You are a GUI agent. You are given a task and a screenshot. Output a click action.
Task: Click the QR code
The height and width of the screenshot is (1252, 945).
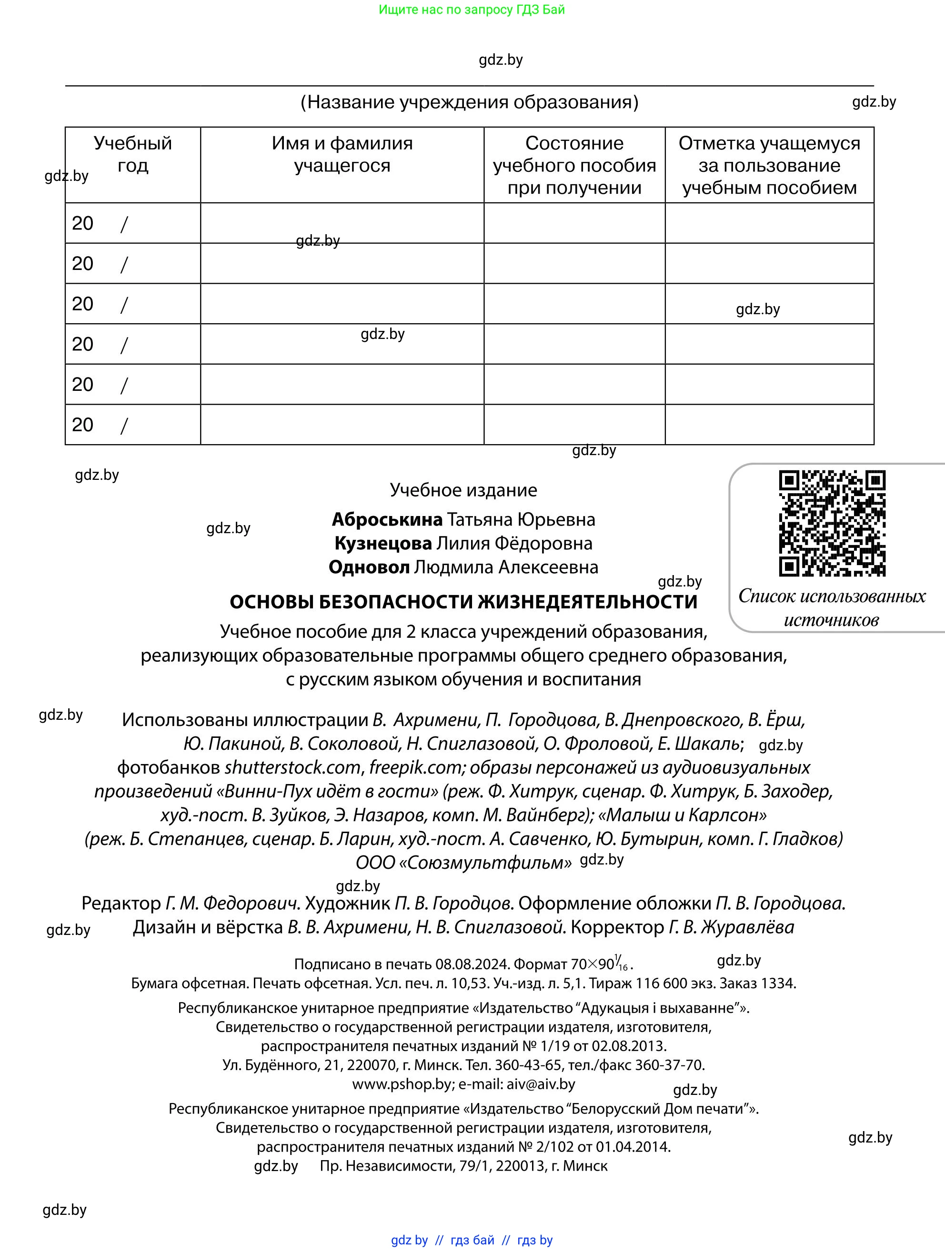[832, 523]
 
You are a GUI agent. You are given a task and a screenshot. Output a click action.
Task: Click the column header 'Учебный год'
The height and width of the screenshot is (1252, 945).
[132, 154]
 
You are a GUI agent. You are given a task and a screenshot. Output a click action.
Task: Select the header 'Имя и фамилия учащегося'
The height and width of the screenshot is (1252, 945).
[342, 154]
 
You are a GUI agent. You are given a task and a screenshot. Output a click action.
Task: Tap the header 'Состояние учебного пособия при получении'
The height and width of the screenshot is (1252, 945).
[574, 165]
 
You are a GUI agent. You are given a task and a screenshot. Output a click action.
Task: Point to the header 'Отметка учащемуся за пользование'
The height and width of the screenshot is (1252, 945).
[769, 165]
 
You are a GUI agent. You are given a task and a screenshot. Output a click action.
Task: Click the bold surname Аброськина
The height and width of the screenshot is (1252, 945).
[387, 519]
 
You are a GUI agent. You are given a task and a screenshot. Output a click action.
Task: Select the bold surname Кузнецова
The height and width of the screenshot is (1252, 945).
[383, 543]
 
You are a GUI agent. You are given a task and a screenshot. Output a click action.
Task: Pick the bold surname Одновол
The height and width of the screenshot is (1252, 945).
[369, 566]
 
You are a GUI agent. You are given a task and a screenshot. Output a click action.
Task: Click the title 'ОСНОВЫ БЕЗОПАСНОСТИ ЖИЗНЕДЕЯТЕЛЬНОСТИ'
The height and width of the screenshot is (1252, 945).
[463, 602]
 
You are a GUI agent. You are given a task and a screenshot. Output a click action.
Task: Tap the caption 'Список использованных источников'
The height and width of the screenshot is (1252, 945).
[831, 607]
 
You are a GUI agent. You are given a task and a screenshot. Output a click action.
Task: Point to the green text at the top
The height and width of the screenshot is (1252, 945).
[472, 10]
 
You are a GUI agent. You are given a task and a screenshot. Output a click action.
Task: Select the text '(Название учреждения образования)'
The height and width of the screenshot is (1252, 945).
[469, 102]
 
